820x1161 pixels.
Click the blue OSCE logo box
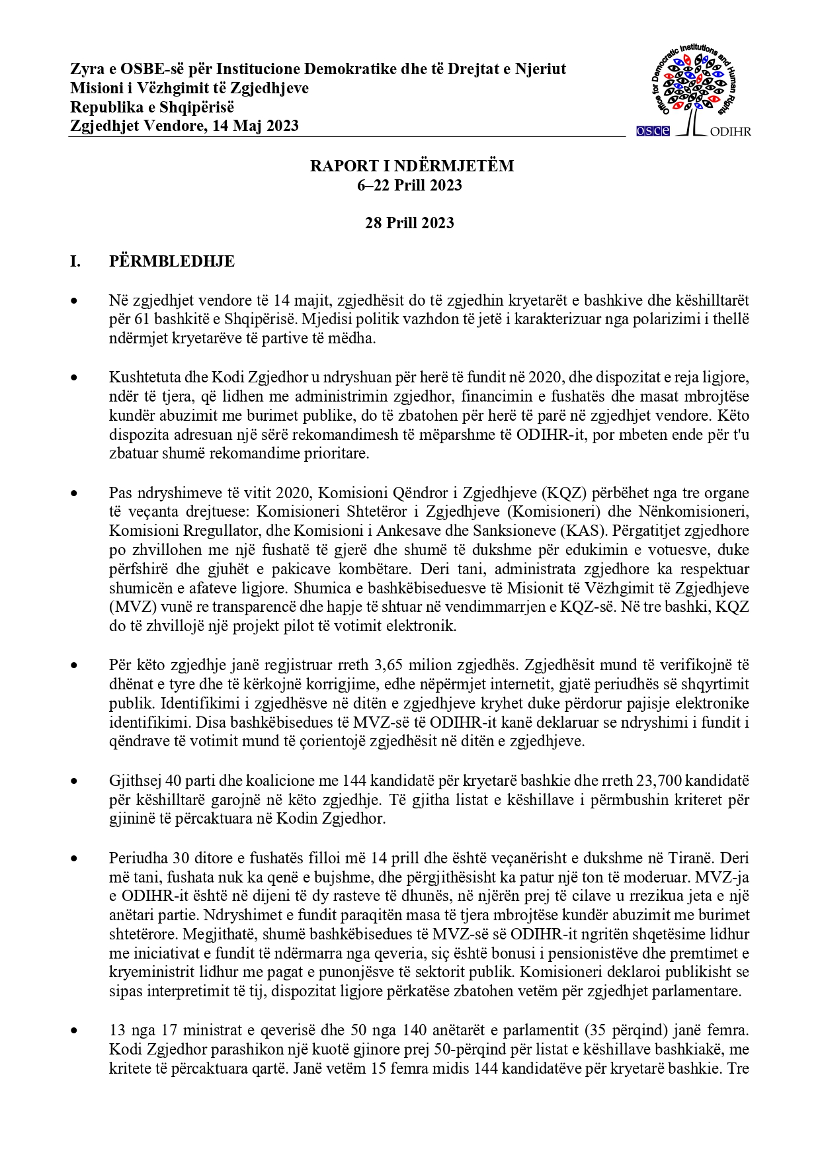click(653, 131)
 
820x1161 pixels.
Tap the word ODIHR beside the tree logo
click(730, 131)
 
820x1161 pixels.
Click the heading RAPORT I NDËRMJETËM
click(411, 166)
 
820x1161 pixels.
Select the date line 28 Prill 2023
click(409, 223)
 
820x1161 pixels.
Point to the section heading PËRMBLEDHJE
click(171, 261)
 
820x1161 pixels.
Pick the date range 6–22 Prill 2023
click(409, 185)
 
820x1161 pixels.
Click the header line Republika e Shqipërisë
click(152, 107)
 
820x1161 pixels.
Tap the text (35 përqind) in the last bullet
click(630, 1031)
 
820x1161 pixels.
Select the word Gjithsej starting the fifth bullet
click(132, 781)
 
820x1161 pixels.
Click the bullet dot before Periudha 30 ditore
click(75, 859)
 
